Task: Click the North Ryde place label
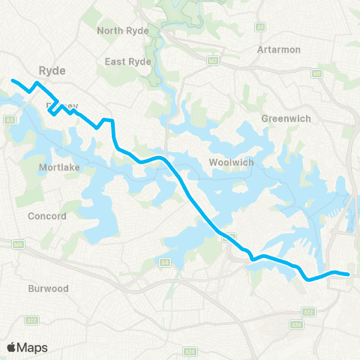(123, 31)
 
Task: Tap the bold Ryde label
(52, 71)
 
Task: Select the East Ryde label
(128, 61)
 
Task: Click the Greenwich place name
(280, 118)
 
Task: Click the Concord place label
(47, 217)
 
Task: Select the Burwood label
(48, 288)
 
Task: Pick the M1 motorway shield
(316, 73)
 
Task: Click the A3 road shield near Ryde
(10, 119)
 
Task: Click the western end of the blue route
(12, 79)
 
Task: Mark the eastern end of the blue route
(349, 274)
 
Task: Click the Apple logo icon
(12, 347)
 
